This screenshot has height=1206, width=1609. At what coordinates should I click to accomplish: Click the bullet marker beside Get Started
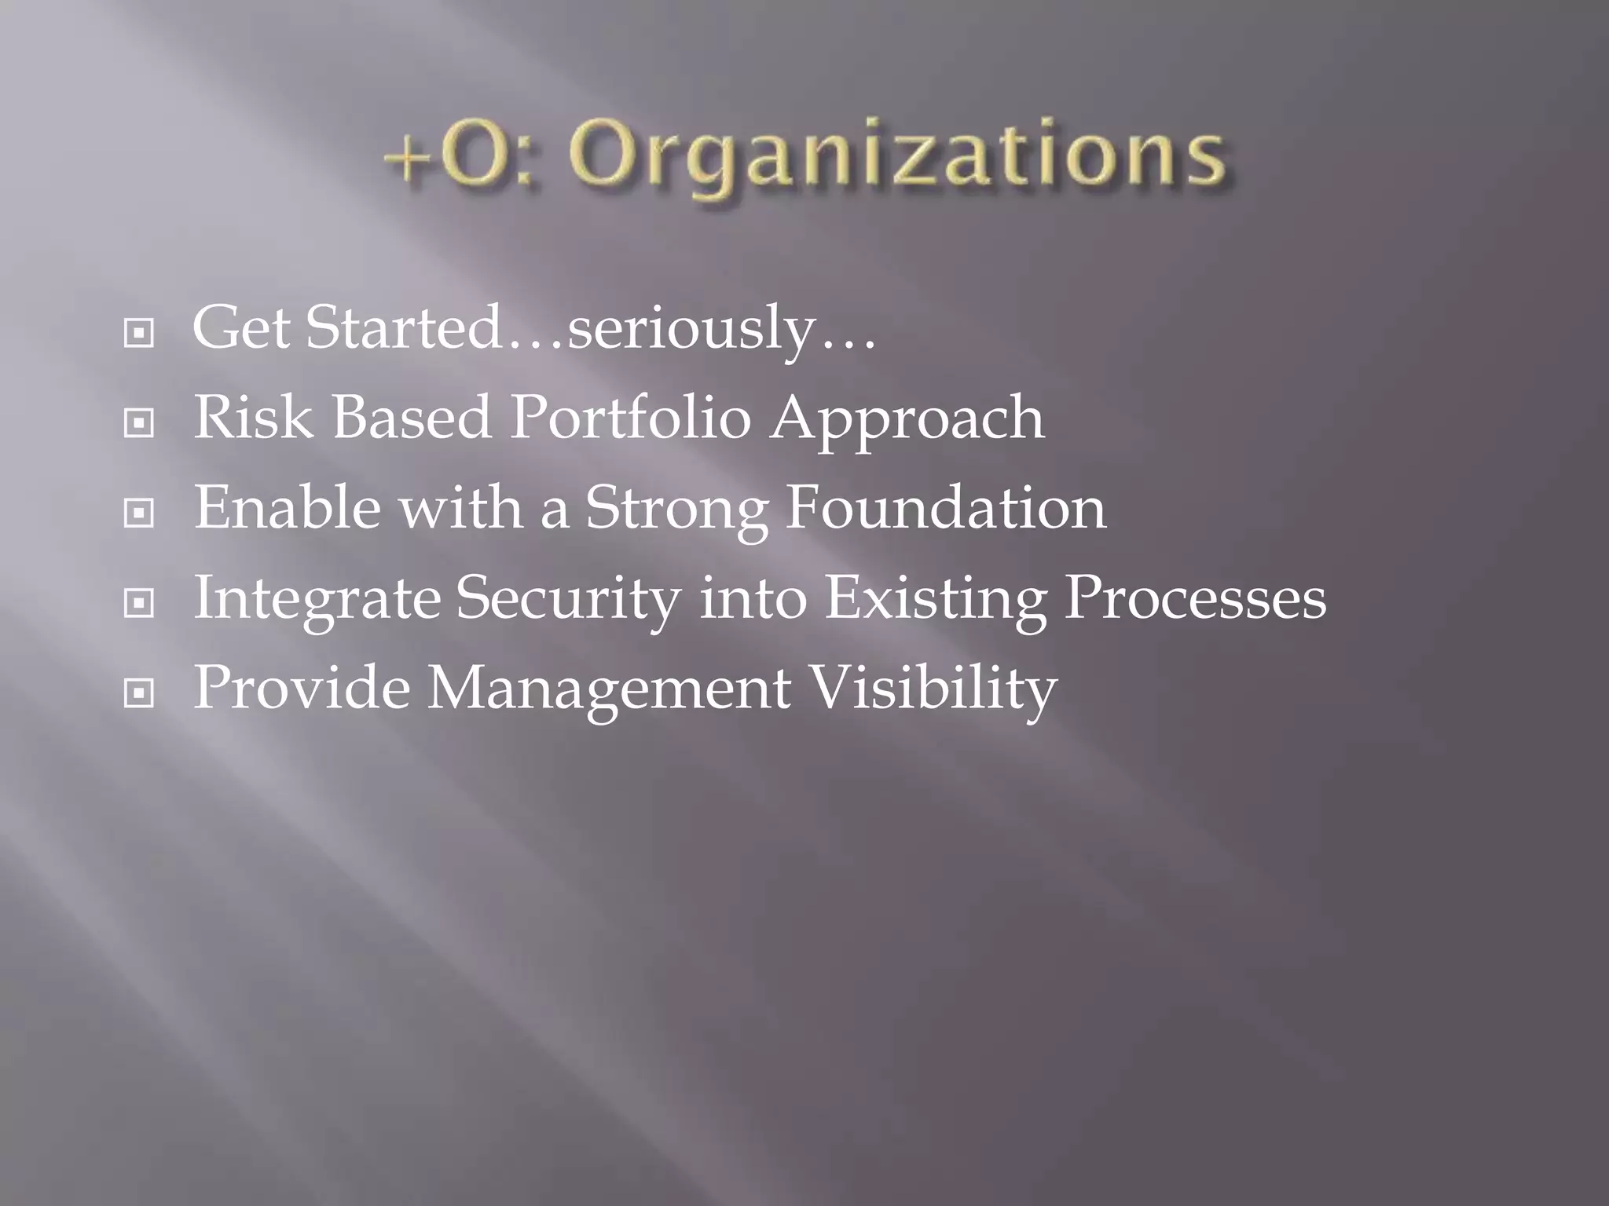[x=139, y=334]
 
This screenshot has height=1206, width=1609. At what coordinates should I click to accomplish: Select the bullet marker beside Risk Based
[x=139, y=424]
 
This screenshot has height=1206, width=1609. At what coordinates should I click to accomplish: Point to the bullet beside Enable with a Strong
[x=139, y=513]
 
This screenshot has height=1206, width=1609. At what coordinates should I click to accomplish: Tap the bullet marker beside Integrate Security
[x=139, y=604]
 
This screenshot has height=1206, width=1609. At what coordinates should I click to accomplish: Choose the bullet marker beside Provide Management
[x=139, y=693]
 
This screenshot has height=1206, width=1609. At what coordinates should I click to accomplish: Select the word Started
[x=403, y=328]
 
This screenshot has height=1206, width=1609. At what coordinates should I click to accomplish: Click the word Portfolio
[x=630, y=418]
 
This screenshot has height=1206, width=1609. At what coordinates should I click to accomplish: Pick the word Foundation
[x=947, y=508]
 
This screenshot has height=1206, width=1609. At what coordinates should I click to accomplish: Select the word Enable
[x=288, y=508]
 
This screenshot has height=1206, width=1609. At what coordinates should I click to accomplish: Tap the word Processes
[x=1195, y=598]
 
